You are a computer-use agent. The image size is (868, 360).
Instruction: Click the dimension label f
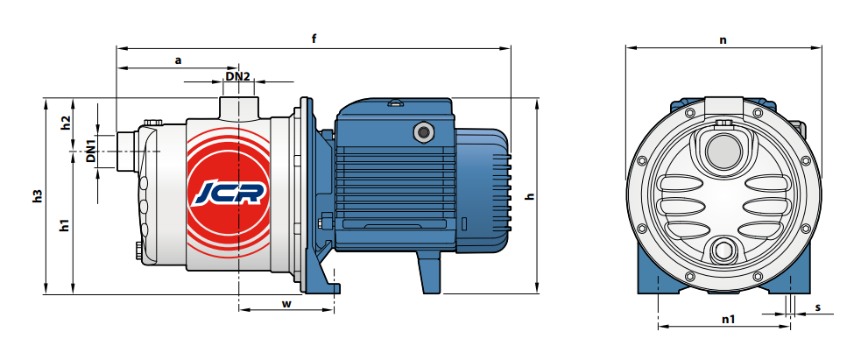(x=314, y=39)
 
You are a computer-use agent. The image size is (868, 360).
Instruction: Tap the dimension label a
(x=178, y=60)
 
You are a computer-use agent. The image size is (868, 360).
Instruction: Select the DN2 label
(x=238, y=76)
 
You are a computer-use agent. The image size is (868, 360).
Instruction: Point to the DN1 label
(x=91, y=151)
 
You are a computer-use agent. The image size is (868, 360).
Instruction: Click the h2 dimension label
(x=66, y=123)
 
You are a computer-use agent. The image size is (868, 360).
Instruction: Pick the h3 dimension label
(x=37, y=196)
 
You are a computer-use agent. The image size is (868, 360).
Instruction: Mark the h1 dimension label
(x=66, y=225)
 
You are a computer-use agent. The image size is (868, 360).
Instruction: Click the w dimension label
(x=286, y=304)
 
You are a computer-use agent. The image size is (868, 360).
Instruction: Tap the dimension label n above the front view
(x=723, y=40)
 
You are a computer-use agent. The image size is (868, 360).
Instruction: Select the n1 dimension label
(x=728, y=319)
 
